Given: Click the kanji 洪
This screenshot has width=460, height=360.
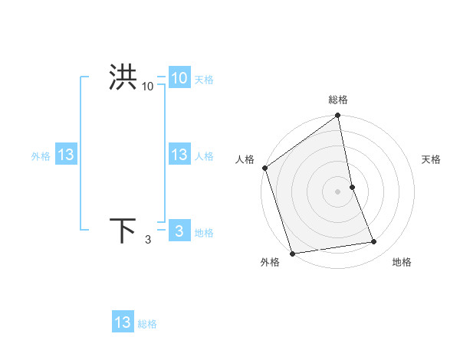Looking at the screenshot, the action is tap(123, 78).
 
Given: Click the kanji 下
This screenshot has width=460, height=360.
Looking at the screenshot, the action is tap(123, 231).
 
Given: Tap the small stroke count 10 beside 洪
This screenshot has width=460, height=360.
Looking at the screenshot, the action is tap(148, 87).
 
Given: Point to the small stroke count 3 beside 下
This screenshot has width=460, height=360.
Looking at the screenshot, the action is tap(148, 241).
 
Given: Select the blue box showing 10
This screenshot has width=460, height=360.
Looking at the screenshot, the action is tap(179, 78).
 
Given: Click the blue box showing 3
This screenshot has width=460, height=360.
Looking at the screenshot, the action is tap(179, 231).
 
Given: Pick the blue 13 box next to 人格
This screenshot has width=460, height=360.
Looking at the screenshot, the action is tap(179, 155).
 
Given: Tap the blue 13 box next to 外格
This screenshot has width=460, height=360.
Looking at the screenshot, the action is tap(66, 155).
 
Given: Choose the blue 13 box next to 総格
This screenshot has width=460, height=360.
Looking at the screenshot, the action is tap(123, 322).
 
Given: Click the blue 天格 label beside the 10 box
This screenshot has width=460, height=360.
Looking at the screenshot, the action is tap(204, 80).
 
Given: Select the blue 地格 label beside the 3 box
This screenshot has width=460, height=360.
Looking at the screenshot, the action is tap(204, 233).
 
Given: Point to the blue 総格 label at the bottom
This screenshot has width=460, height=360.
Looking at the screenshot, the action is tap(147, 324).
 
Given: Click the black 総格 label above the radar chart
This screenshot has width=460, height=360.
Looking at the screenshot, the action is tap(338, 100).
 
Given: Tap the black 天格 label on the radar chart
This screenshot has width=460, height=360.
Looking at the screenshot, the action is tap(432, 159).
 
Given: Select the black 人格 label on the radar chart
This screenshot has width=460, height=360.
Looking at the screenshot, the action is tap(245, 159).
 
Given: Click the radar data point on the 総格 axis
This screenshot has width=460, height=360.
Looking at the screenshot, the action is tap(338, 116).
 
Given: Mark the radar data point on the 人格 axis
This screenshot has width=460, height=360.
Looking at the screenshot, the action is tap(265, 168).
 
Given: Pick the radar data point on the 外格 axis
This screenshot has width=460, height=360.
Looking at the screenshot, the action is tap(292, 253).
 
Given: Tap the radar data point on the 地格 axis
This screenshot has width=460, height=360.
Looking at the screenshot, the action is tap(374, 242).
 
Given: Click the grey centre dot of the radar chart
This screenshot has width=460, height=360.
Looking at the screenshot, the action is tap(338, 191).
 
